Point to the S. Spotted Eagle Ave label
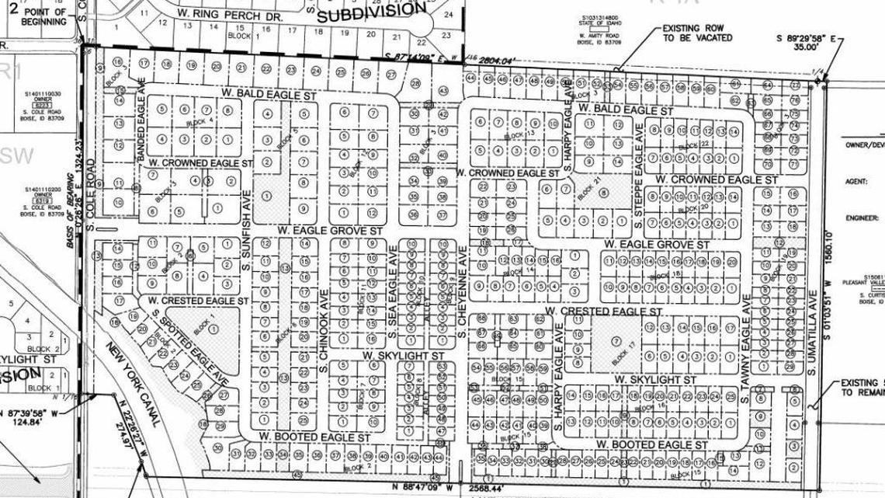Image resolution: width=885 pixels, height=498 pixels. click(189, 349)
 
